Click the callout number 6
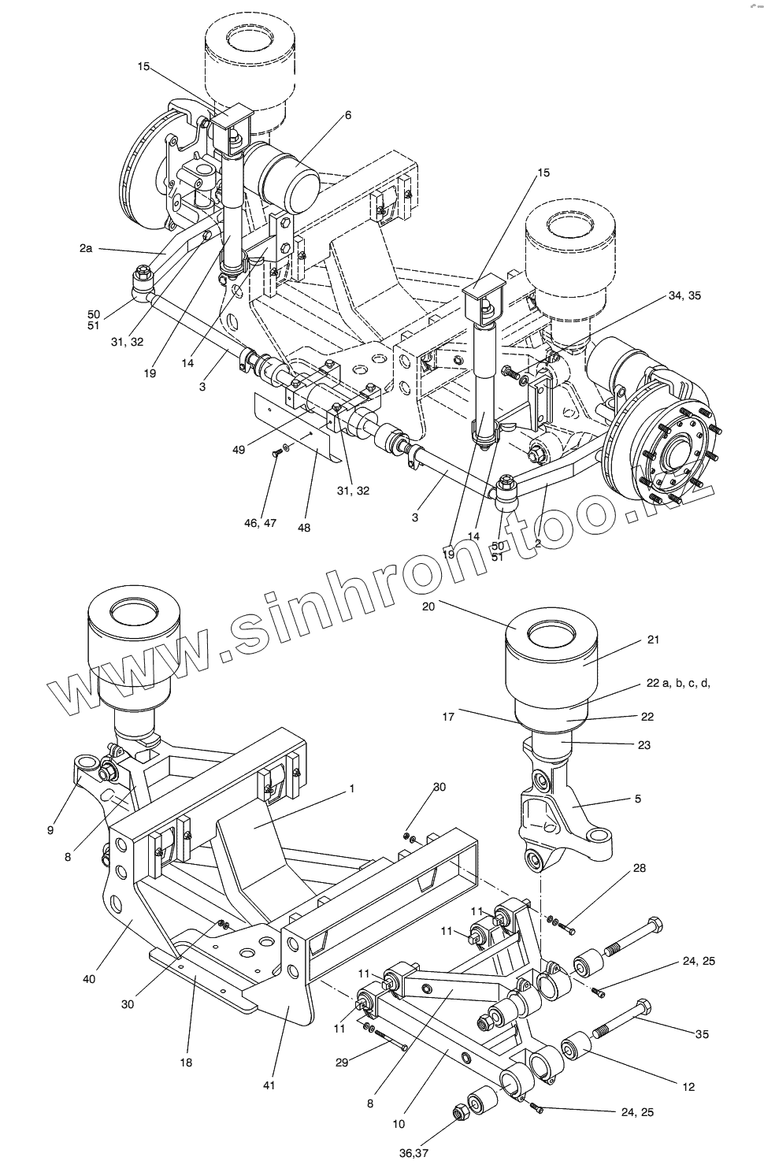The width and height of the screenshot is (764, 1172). point(347,115)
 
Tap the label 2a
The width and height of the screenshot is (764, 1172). point(86,248)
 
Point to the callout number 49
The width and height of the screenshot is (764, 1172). point(239,450)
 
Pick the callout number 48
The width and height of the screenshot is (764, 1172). point(303,528)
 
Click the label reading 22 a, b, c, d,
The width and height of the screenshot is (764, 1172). point(678,683)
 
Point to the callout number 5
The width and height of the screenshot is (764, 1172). point(637,799)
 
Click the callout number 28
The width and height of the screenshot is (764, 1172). point(639,868)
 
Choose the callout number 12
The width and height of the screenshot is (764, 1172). point(688,1087)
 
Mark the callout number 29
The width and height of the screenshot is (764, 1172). point(341,1063)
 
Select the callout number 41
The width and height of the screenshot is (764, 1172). point(269,1086)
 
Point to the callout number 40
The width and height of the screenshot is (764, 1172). point(88,979)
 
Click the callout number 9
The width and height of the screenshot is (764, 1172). point(50,829)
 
